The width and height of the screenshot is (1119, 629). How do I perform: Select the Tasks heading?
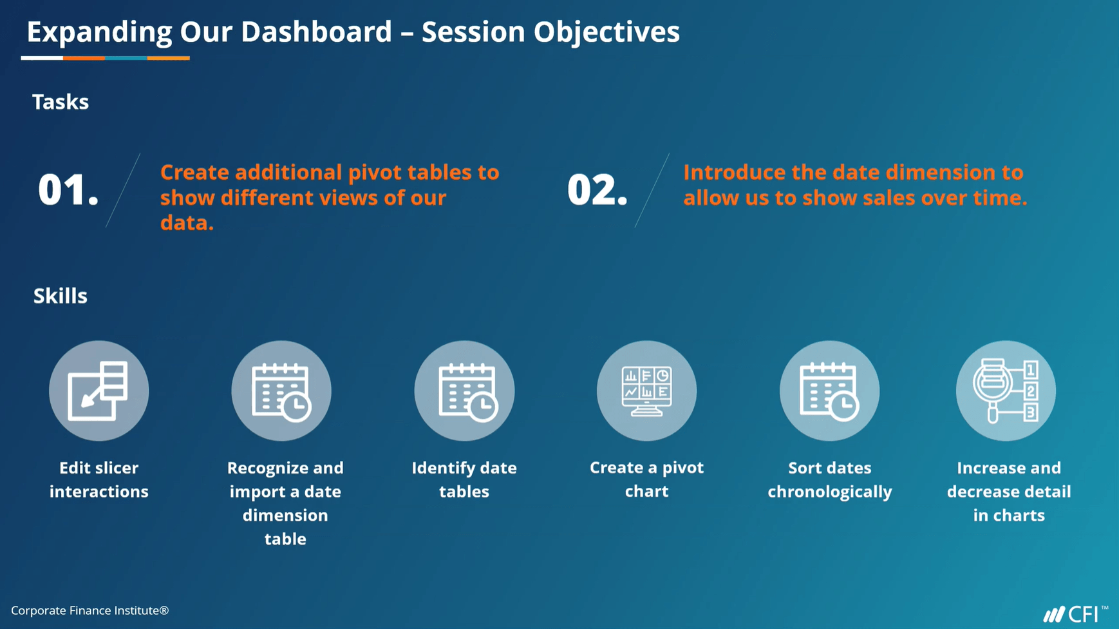[x=61, y=102]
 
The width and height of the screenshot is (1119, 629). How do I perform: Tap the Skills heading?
[x=60, y=296]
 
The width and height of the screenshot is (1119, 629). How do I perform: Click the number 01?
[x=68, y=190]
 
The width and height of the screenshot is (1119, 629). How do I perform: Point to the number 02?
[x=597, y=190]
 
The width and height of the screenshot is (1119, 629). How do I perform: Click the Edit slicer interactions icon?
[x=99, y=391]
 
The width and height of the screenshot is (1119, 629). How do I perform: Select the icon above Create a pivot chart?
[x=646, y=391]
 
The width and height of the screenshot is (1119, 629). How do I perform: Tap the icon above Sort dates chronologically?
[x=829, y=391]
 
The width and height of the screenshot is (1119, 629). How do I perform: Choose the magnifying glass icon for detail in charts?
[x=1006, y=391]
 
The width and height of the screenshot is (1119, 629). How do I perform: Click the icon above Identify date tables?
[x=464, y=391]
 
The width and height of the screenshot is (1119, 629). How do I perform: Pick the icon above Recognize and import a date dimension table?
[x=281, y=391]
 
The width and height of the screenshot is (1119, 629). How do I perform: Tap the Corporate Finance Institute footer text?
[x=90, y=610]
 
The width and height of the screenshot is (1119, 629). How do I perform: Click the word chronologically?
[x=829, y=492]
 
